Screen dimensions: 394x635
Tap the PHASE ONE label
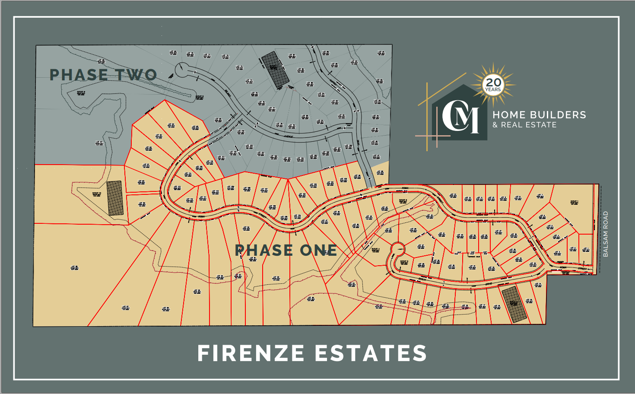click(286, 250)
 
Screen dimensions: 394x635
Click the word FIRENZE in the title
click(251, 353)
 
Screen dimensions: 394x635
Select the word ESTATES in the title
click(371, 353)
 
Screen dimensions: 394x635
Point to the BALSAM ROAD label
click(606, 234)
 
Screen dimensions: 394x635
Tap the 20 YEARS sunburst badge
click(493, 84)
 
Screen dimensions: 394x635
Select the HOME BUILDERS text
click(539, 115)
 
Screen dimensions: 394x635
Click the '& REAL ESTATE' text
click(524, 125)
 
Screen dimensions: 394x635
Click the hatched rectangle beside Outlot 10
click(115, 198)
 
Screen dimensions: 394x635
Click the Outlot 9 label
click(403, 201)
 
